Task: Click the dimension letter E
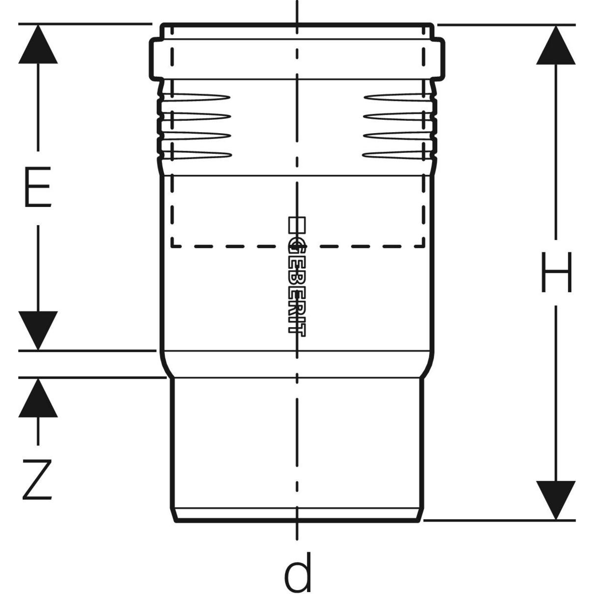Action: (x=38, y=189)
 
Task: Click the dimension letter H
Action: (x=556, y=272)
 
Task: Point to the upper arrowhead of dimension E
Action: (x=38, y=45)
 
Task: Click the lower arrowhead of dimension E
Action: (x=38, y=330)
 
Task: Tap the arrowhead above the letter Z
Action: (x=38, y=399)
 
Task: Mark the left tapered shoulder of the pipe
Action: (x=167, y=364)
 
